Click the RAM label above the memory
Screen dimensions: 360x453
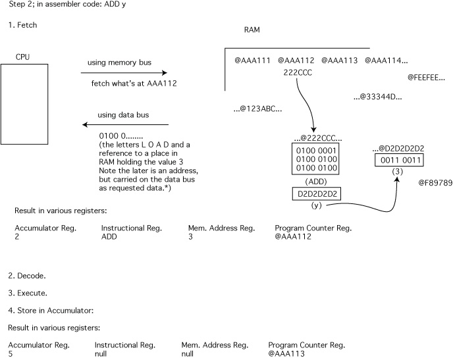252,30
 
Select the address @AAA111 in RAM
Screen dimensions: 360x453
253,61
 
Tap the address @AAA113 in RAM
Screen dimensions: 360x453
340,61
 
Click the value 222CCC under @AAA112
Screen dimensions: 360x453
296,72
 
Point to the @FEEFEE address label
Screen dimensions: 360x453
428,77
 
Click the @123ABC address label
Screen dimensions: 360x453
258,109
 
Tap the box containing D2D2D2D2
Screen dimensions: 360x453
317,194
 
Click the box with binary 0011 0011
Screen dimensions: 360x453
398,161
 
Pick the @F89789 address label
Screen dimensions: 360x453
434,181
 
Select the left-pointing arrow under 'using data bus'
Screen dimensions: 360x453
125,124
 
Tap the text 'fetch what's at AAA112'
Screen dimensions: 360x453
134,84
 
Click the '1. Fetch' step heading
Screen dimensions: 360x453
23,25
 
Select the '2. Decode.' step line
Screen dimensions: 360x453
27,274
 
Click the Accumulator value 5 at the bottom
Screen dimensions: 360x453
11,353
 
